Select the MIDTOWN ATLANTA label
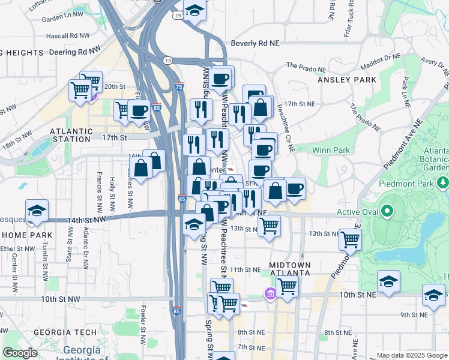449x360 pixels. tap(290, 268)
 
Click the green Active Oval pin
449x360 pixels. tap(387, 211)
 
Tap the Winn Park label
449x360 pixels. tap(331, 149)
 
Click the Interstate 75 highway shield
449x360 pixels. tap(178, 87)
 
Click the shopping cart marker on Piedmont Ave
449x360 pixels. tap(350, 239)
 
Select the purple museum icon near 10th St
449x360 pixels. tap(270, 294)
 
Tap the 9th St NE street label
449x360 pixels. tap(413, 314)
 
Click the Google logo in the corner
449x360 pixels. tap(20, 353)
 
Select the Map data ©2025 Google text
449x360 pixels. tap(410, 355)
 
